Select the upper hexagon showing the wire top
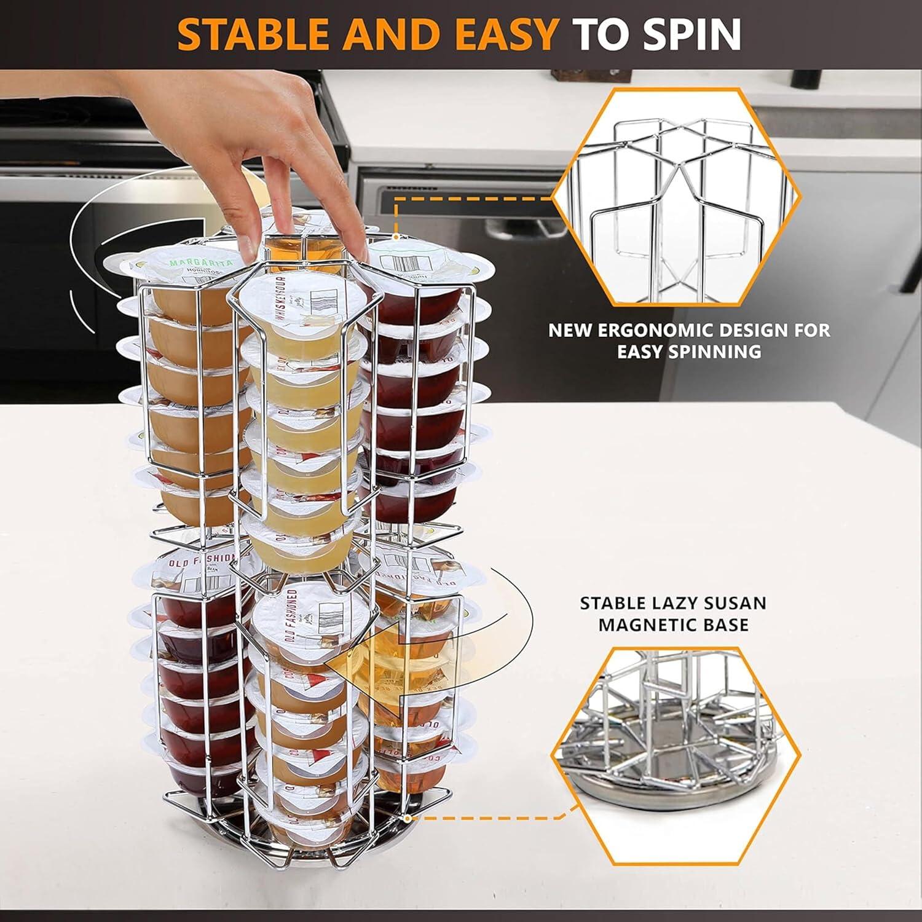(x=676, y=197)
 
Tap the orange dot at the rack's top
(x=397, y=237)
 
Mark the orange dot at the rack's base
(x=406, y=818)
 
